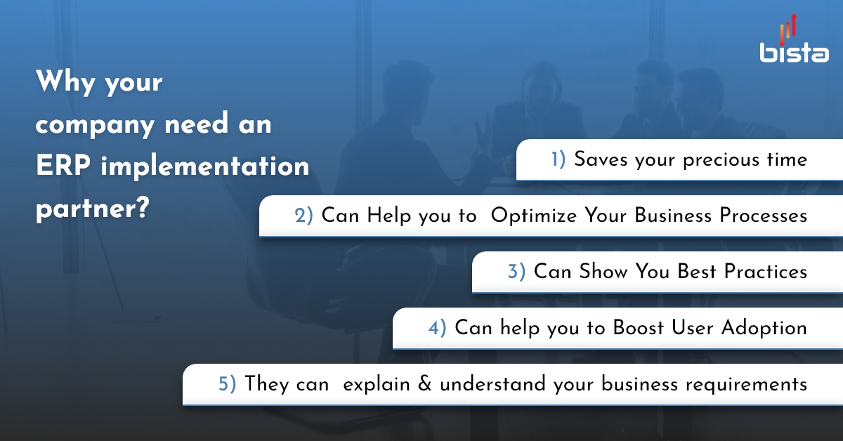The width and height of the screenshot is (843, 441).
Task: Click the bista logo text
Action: click(794, 53)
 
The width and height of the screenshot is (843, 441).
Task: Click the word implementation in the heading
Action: click(205, 167)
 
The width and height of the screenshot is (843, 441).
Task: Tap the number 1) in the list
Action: click(558, 159)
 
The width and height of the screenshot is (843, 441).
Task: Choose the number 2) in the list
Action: click(303, 216)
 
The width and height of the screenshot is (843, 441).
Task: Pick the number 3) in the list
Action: click(516, 271)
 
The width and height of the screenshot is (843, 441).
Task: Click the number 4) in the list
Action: click(437, 327)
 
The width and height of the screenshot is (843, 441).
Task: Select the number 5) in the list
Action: click(227, 384)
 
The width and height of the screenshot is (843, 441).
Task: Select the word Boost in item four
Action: click(636, 327)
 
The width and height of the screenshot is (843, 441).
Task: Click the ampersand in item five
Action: click(424, 384)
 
